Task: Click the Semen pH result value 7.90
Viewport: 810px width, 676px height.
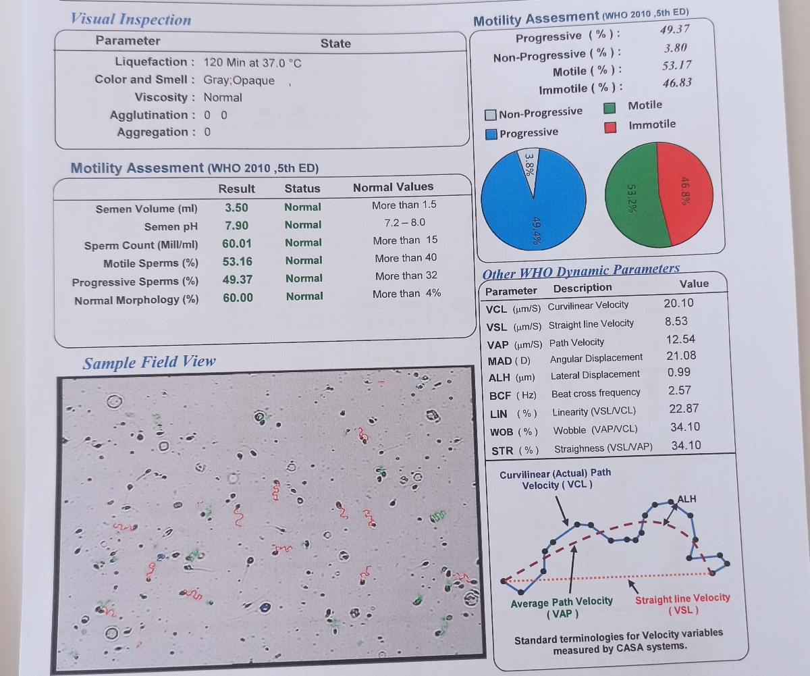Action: [x=237, y=226]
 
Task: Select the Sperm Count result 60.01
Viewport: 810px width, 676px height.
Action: [x=237, y=244]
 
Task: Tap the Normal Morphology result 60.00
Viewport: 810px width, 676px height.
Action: [x=238, y=298]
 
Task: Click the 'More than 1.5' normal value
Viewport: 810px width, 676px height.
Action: [x=404, y=205]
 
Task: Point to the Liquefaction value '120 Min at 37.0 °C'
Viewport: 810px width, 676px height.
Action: [x=252, y=63]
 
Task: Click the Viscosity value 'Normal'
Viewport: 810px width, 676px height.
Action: [x=223, y=97]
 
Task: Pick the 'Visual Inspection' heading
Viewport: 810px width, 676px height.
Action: [x=131, y=20]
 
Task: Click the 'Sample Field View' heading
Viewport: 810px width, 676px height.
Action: [x=149, y=362]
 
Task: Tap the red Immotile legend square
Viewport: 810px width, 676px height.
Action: [x=610, y=127]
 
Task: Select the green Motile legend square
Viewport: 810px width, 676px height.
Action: [x=610, y=108]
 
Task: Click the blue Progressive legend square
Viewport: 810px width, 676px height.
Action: [x=491, y=134]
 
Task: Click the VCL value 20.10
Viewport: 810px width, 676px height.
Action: [x=678, y=303]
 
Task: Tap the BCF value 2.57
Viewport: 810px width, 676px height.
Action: [x=679, y=390]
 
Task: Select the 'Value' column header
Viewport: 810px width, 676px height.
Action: [x=694, y=284]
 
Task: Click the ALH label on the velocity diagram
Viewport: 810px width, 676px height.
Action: [x=687, y=498]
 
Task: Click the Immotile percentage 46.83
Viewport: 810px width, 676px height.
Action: [x=677, y=82]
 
